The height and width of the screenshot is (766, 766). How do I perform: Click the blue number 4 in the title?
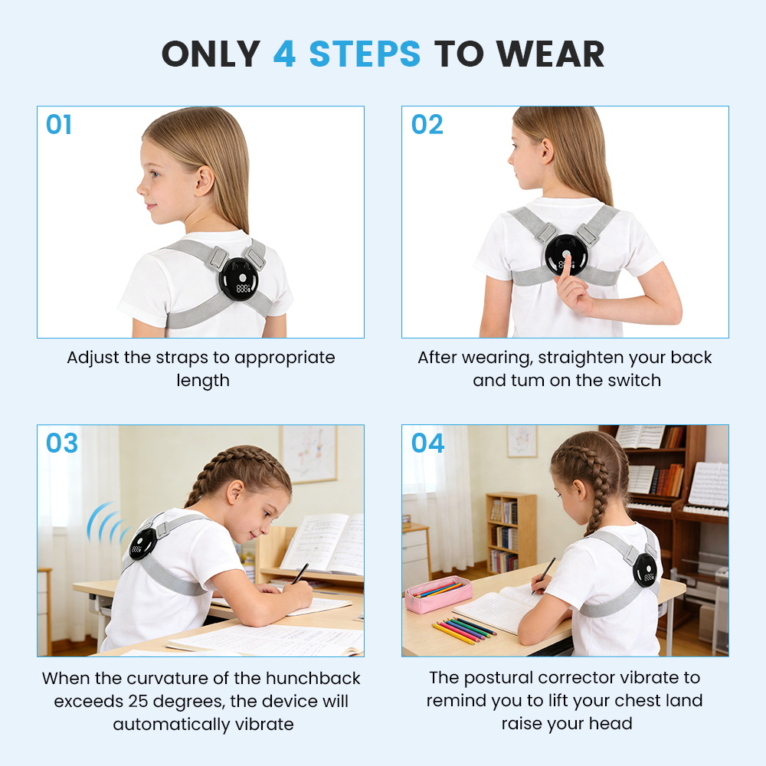point(284,54)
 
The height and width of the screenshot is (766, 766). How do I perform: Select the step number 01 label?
point(59,125)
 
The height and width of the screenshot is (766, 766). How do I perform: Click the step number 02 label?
point(427,125)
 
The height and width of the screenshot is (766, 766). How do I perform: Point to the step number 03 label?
point(61,443)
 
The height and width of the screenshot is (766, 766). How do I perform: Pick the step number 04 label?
point(427,443)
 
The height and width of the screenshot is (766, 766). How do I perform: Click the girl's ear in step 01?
point(204,181)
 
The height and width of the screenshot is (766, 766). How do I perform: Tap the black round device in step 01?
point(238,279)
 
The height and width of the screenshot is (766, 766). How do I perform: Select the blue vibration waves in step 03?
point(105,522)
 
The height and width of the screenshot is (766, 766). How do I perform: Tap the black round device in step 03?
point(142,544)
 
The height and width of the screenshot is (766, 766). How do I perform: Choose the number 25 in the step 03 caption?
point(138,701)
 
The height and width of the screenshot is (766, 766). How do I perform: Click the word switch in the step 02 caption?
point(634,380)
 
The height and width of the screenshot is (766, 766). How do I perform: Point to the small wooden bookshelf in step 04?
point(510,533)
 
